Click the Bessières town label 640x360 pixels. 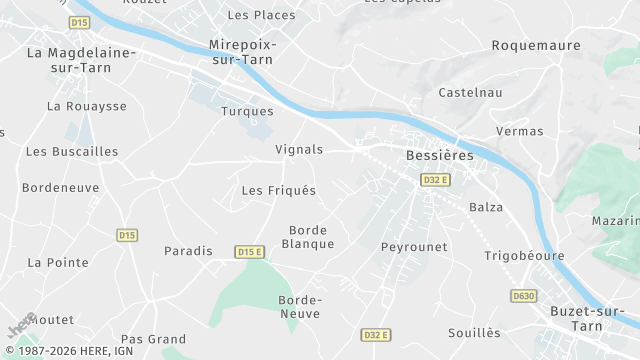[439, 156]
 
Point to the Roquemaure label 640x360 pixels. [537, 45]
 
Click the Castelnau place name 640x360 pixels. [470, 93]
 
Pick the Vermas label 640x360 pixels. [520, 131]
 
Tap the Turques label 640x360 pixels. [247, 111]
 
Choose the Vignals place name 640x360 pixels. [299, 149]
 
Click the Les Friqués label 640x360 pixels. [279, 190]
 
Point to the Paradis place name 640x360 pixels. [188, 251]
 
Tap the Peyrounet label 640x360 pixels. [414, 246]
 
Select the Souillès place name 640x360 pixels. [474, 332]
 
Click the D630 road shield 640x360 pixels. [523, 296]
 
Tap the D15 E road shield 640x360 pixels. [249, 252]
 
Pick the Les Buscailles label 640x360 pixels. [72, 152]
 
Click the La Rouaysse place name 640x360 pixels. [87, 105]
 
